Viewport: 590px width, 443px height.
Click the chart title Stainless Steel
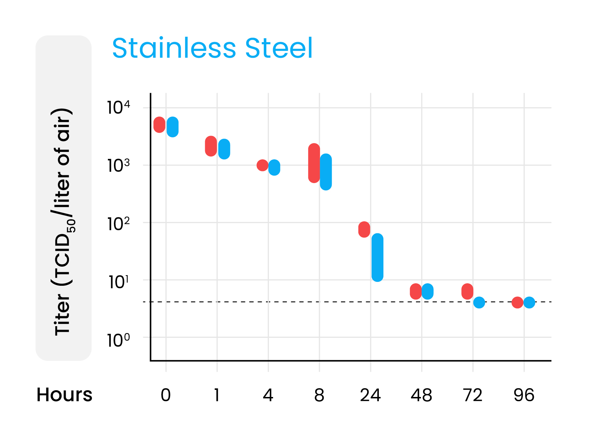212,48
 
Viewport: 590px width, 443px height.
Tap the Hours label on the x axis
64,395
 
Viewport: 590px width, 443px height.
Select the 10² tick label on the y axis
118,223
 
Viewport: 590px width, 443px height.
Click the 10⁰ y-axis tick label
118,340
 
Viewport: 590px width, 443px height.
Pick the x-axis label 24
370,395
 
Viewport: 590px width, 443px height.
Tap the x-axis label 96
524,395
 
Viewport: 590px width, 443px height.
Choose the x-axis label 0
166,395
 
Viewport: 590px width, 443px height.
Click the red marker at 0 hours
160,125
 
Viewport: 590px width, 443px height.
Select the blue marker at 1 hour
224,149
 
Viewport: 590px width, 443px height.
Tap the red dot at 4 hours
262,165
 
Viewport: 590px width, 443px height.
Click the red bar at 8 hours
314,163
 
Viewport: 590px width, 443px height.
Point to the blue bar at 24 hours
377,257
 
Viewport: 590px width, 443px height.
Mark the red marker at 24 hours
364,229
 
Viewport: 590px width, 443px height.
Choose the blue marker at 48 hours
428,291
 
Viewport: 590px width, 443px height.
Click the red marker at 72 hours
467,291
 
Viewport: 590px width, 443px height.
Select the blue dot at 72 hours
479,302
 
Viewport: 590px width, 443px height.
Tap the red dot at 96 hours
517,302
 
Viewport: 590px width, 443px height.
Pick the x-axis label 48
421,395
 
